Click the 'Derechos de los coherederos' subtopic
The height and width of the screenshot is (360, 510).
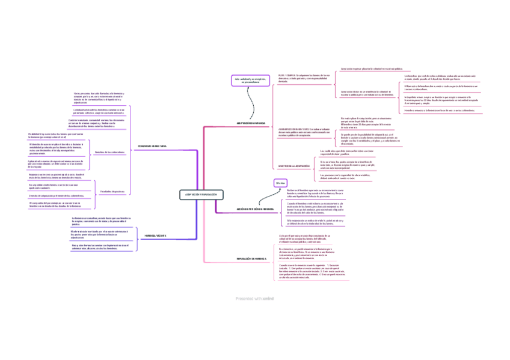109,152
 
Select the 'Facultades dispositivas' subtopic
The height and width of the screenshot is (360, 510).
112,191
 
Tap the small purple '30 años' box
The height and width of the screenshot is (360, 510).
279,182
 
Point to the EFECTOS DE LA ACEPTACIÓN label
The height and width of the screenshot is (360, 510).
294,165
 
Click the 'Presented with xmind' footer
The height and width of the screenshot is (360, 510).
254,297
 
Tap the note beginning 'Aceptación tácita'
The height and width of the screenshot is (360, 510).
367,93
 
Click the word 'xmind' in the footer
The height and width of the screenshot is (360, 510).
268,297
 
